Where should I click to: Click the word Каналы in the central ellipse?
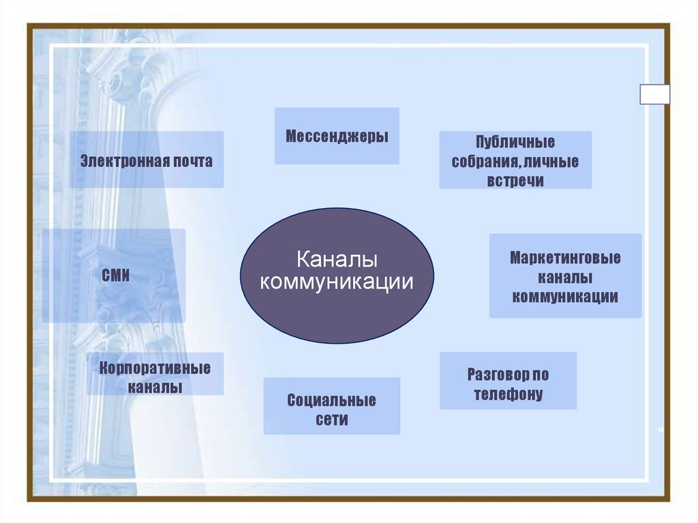coord(337,260)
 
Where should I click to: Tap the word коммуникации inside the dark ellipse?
coord(337,282)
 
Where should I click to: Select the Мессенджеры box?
coord(337,136)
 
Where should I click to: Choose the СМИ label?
coord(115,276)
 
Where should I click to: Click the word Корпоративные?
coord(155,369)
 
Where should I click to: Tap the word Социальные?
coord(331,400)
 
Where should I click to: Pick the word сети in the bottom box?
coord(331,419)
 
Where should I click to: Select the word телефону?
coord(509,394)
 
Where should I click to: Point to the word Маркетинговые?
coord(565,259)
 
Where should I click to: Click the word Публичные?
coord(515,143)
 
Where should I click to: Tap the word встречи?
coord(515,181)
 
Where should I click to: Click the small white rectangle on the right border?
coord(654,94)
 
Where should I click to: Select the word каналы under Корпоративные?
coord(155,388)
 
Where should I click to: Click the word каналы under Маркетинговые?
coord(565,278)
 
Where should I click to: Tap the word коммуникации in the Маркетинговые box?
coord(565,297)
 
